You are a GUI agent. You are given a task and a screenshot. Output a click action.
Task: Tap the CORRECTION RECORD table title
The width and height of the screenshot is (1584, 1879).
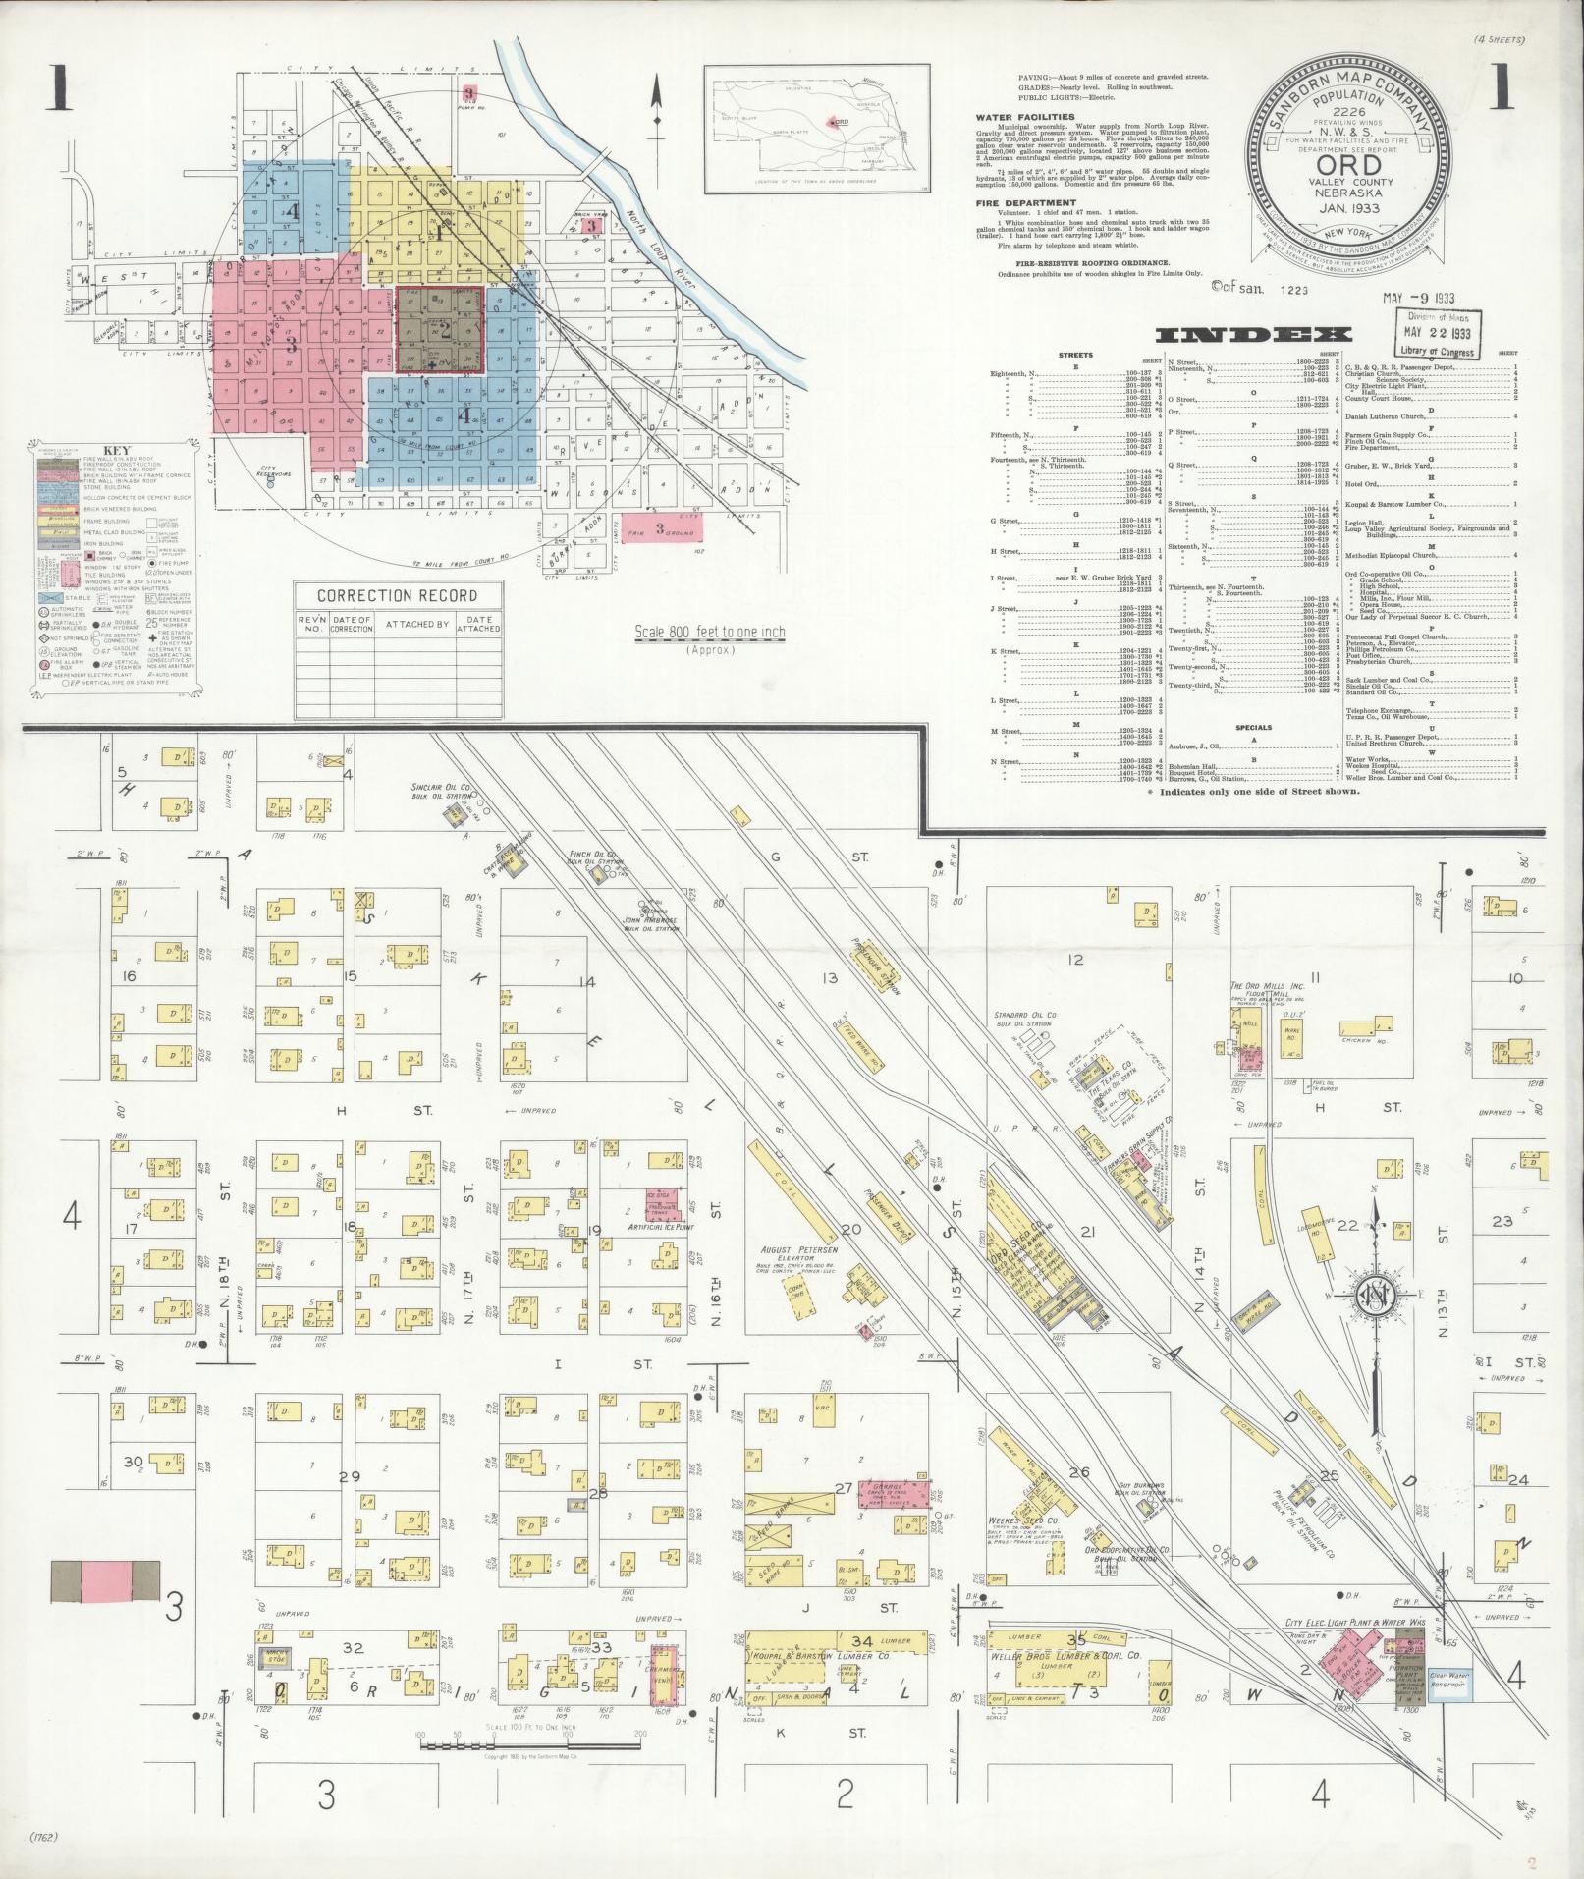tap(398, 595)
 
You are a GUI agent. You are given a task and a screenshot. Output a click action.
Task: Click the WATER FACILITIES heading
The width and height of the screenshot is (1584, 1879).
tap(1025, 117)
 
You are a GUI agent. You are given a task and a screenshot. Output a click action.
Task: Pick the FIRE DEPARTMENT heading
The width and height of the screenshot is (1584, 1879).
tap(1019, 203)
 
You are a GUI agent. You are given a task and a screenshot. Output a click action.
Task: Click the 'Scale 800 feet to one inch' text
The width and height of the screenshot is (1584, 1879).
tap(710, 632)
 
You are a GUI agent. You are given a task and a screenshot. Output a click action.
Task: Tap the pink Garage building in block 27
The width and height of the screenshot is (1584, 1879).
tap(894, 1493)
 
